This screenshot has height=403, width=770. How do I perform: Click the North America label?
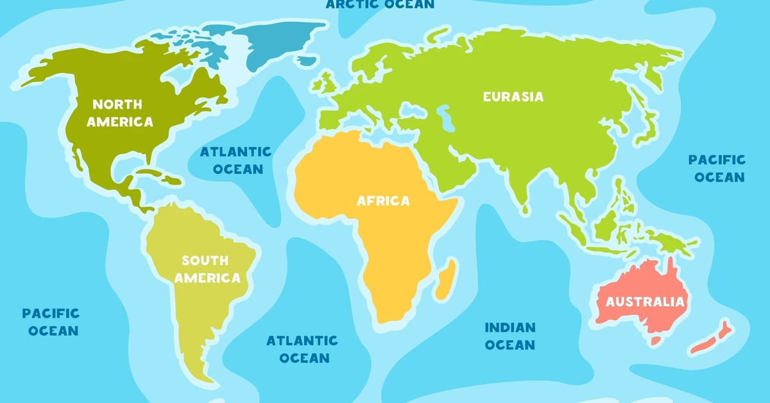point(120,112)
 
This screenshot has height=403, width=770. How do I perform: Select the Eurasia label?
point(513,97)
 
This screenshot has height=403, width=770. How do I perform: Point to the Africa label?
point(383,201)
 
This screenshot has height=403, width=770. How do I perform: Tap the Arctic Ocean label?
point(380,4)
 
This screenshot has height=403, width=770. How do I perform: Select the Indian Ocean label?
point(509,336)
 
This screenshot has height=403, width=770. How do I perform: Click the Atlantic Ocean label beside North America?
point(235,160)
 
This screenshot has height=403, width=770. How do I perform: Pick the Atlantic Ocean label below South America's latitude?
point(302,348)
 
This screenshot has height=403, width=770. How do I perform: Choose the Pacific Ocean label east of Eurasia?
point(717,168)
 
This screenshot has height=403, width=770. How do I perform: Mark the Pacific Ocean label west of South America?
point(50,322)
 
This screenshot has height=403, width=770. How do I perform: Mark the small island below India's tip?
point(526,209)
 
